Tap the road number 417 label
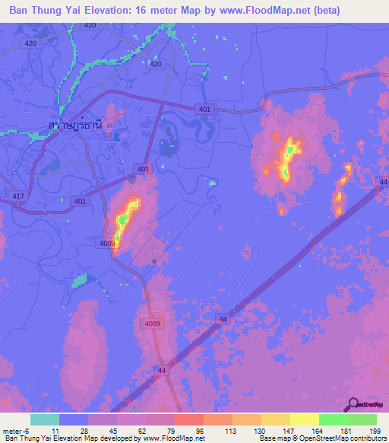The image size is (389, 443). pyautogui.click(x=17, y=196)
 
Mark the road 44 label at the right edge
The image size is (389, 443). pyautogui.click(x=383, y=183)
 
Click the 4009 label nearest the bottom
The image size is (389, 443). pyautogui.click(x=153, y=323)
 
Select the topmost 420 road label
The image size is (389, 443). pyautogui.click(x=90, y=25)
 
